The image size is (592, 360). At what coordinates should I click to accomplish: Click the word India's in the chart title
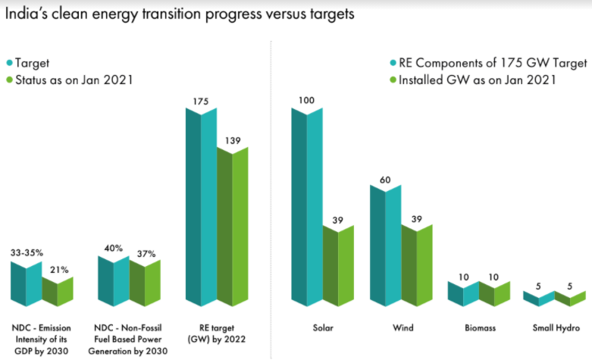(x=30, y=15)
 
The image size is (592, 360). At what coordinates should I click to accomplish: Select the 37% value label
(x=146, y=252)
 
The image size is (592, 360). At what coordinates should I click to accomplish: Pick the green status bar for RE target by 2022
(x=232, y=227)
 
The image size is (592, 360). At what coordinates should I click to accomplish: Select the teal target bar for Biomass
(x=463, y=294)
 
